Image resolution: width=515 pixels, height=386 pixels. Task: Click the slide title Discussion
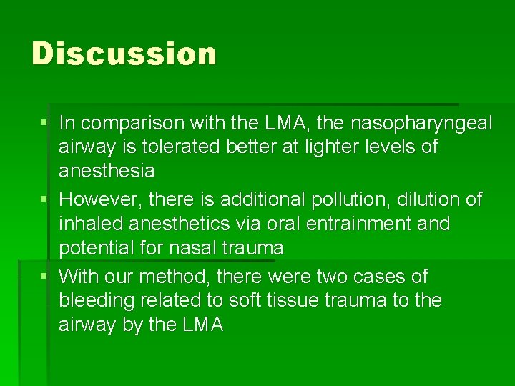click(x=124, y=54)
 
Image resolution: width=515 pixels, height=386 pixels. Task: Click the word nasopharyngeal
click(x=421, y=124)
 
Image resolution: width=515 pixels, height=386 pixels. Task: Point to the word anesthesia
click(x=107, y=171)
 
